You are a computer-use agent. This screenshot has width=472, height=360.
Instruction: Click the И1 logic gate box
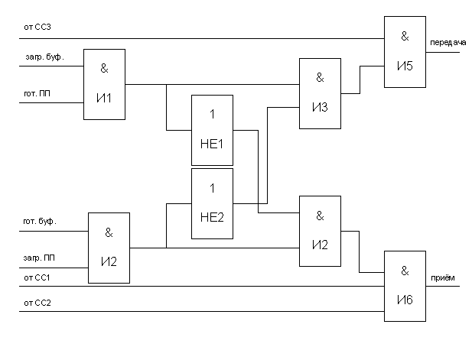coord(104,85)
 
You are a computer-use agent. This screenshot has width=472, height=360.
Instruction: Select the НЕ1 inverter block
coord(212,130)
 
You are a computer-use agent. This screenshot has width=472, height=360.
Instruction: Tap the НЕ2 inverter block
coord(212,203)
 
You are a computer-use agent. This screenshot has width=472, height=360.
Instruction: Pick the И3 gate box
coord(320,93)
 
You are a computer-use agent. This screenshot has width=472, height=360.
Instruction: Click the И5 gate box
coord(405,52)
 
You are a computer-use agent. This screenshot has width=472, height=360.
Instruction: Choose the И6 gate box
coord(405,287)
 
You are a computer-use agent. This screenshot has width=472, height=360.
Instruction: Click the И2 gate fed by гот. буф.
coord(109,248)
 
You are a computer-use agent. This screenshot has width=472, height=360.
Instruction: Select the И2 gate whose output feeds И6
coord(320,232)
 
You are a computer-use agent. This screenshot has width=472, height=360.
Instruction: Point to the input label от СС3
coord(37,27)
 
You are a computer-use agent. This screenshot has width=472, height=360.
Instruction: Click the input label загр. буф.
coord(44,57)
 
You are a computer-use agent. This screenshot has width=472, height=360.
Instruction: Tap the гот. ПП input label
coord(37,93)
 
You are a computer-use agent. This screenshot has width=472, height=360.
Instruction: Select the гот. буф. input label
coord(40,222)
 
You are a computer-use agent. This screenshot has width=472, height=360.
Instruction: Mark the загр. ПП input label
coord(39,258)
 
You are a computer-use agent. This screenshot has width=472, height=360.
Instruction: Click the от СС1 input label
coord(37,277)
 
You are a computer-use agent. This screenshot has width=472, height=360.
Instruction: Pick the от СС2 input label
coord(37,303)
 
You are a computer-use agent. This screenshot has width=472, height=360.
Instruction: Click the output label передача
coord(448,43)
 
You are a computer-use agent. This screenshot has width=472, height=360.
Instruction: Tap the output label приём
coord(443,277)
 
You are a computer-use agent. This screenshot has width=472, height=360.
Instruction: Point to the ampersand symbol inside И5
coord(405,37)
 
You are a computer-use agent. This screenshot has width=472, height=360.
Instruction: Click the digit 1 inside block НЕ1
coord(212,115)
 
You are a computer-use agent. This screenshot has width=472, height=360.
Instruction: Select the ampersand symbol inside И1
coord(104,69)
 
